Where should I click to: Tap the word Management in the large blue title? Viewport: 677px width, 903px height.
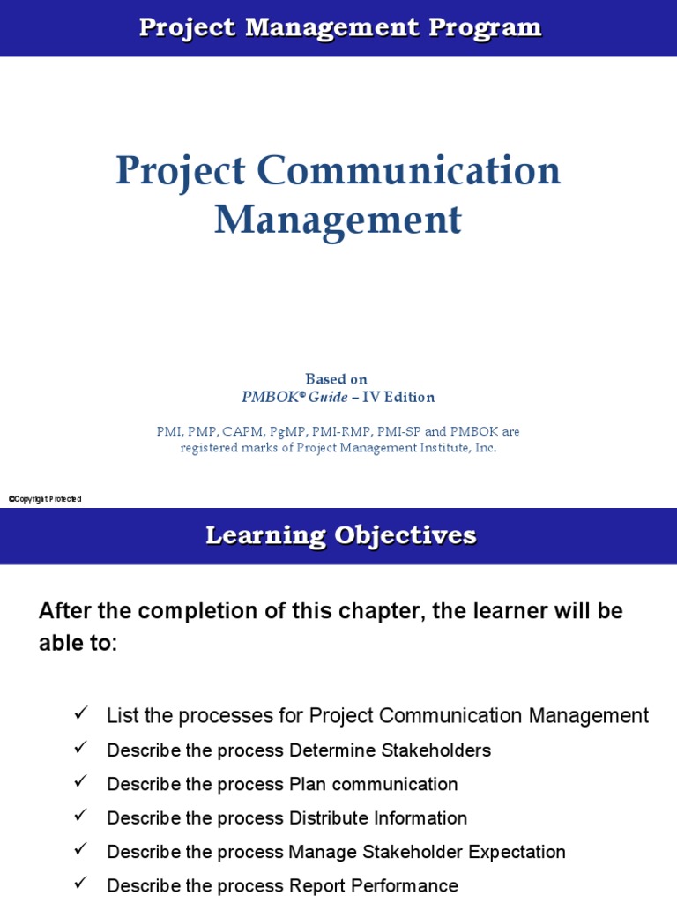pos(338,220)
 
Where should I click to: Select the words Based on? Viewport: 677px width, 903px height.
pos(336,379)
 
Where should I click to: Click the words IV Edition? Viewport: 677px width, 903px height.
pos(399,397)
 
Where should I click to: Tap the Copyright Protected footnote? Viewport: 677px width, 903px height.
pos(45,499)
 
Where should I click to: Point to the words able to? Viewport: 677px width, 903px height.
pos(78,643)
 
